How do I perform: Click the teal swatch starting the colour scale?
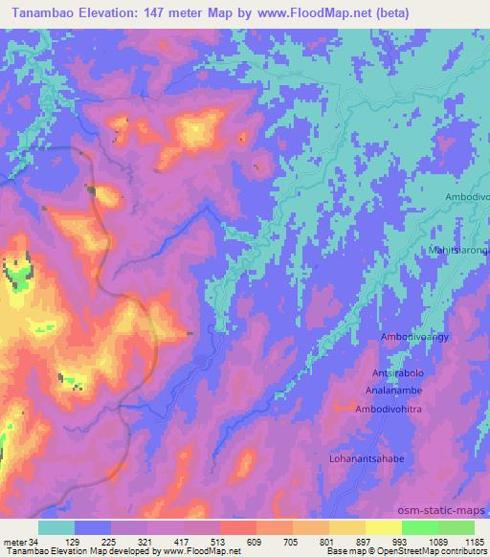56,527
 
